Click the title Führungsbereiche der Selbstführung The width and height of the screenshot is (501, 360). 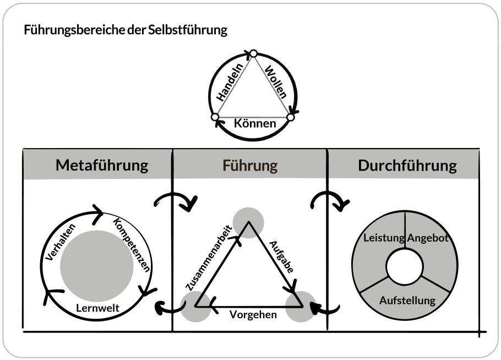pyautogui.click(x=126, y=30)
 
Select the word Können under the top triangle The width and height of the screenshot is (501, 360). pyautogui.click(x=255, y=123)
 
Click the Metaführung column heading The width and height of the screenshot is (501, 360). pyautogui.click(x=102, y=166)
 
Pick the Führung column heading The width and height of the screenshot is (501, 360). pyautogui.click(x=250, y=166)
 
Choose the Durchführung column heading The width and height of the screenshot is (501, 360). pyautogui.click(x=407, y=166)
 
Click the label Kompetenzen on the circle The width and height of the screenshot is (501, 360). pyautogui.click(x=131, y=245)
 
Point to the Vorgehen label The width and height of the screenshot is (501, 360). pyautogui.click(x=253, y=315)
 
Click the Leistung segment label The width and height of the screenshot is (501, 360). pyautogui.click(x=383, y=238)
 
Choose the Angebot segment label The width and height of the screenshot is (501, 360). pyautogui.click(x=429, y=238)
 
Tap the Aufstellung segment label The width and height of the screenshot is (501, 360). pyautogui.click(x=407, y=301)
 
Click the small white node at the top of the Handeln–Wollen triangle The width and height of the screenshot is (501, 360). pyautogui.click(x=253, y=54)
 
